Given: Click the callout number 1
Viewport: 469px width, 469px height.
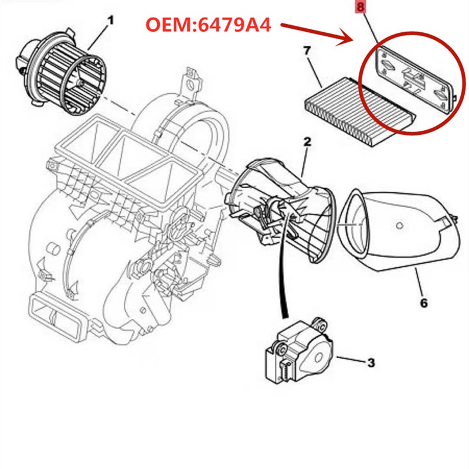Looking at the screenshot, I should click(110, 21).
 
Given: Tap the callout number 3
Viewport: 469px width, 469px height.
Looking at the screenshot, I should click(371, 363).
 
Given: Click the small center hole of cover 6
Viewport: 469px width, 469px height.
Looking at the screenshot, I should click(399, 225).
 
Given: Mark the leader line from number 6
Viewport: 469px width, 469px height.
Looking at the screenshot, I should click(414, 282).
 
